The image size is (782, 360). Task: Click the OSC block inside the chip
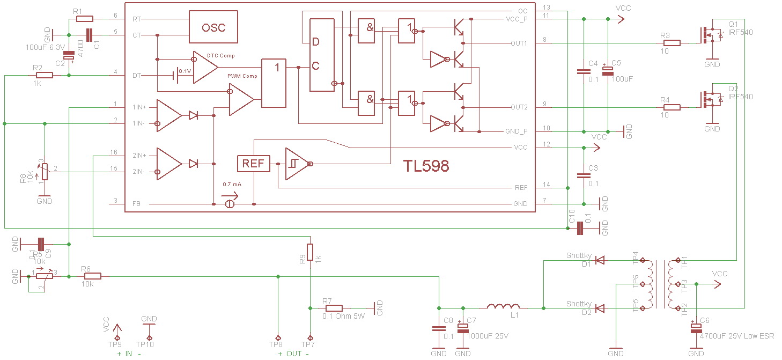213,27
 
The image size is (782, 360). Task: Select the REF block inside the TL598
253,164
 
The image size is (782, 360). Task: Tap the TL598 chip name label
426,166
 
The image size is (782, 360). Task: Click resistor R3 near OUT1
672,43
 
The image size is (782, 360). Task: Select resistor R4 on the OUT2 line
672,107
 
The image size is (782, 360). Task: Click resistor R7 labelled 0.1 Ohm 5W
334,308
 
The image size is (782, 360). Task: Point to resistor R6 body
92,276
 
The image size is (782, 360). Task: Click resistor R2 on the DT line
45,75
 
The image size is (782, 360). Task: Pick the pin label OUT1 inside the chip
519,43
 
